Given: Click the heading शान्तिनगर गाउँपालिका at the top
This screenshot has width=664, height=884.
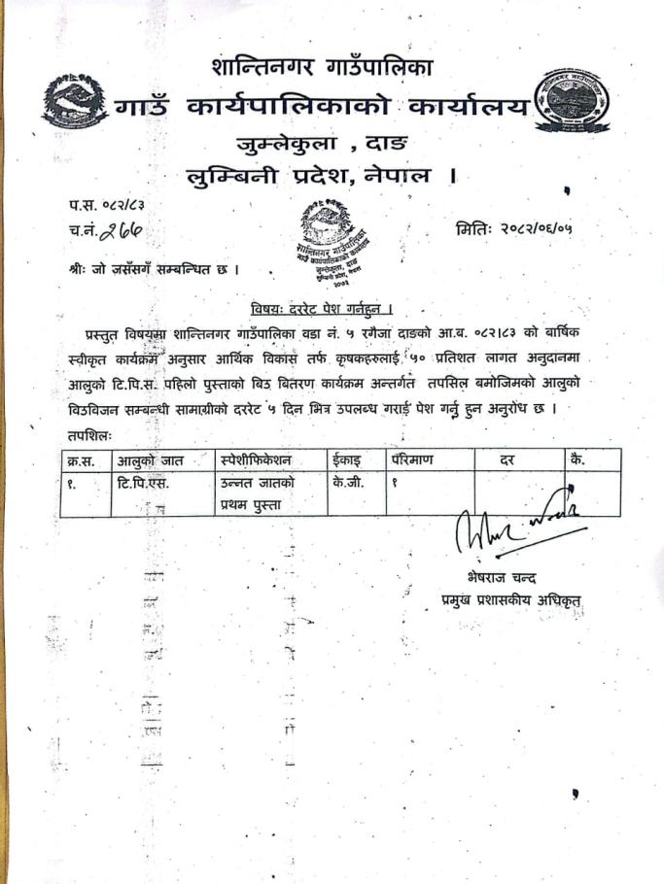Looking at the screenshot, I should [x=321, y=68].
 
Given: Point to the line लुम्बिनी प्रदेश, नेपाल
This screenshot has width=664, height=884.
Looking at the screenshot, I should [x=322, y=177].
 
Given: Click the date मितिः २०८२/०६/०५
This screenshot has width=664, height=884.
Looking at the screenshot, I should [x=513, y=230].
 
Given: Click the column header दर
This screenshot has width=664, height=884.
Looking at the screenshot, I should [x=507, y=459].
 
